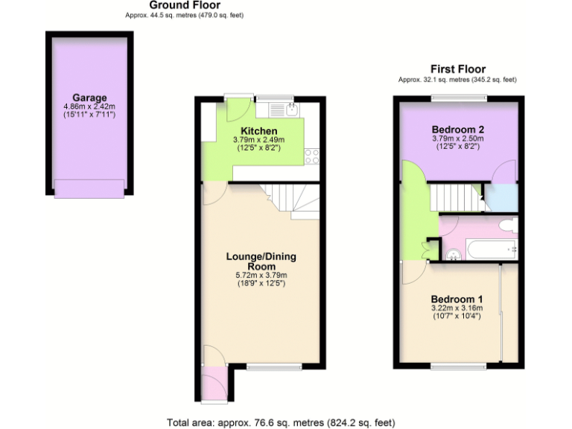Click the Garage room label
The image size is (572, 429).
[89, 98]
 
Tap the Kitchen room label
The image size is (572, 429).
[259, 131]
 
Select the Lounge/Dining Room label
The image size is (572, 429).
[261, 261]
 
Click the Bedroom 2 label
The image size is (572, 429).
[458, 129]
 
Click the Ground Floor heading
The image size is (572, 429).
[185, 5]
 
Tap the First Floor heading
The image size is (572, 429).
[458, 69]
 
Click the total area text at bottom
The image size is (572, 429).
[281, 422]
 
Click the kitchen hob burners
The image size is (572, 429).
[312, 156]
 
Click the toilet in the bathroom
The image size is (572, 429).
[508, 225]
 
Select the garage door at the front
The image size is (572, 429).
[89, 189]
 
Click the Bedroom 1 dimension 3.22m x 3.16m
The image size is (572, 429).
[457, 308]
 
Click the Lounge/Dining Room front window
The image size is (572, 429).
[274, 366]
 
